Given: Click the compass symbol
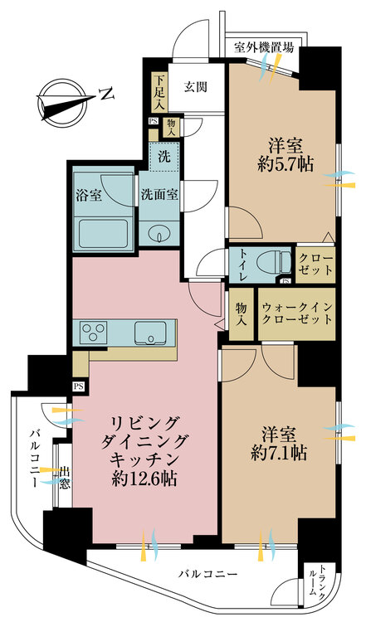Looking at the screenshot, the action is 64,100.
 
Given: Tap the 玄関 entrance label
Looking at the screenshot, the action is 195,87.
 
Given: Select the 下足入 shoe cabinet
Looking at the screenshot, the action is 160,91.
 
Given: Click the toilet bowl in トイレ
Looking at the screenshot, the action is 273,261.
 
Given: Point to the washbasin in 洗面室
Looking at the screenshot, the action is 159,234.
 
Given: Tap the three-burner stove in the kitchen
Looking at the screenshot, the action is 94,332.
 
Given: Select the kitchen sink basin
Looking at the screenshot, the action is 150,333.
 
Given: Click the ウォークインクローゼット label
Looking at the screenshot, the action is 296,313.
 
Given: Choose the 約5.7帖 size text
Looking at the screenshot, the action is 285,163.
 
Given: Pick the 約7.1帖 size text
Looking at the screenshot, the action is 279,453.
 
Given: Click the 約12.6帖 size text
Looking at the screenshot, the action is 144,480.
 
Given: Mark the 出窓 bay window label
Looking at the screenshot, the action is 65,478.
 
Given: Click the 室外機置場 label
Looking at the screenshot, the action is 264,47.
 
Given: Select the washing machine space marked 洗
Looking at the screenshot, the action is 164,156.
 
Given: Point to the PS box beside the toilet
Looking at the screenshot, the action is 285,281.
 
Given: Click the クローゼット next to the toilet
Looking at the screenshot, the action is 315,265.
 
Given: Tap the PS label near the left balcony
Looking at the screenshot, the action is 79,386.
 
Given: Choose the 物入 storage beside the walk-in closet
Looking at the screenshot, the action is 241,313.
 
